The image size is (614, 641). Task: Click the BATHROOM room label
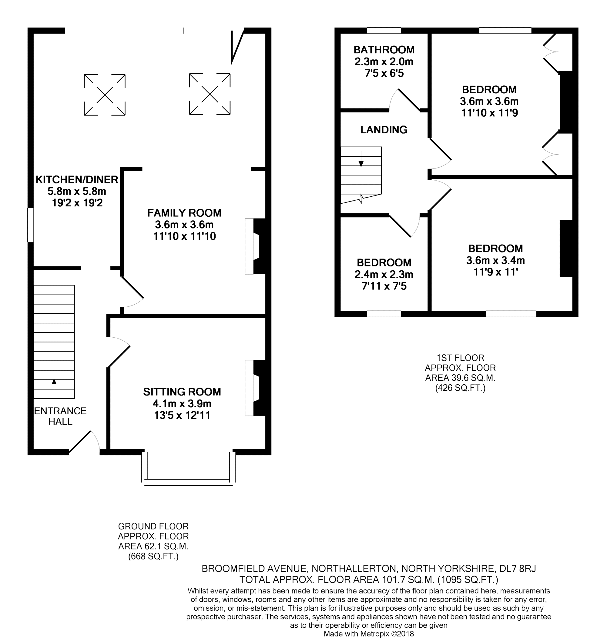coord(384,50)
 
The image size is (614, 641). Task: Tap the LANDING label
coord(384,130)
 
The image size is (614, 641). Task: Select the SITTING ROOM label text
coord(182,392)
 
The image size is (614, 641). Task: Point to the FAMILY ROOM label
coord(184,213)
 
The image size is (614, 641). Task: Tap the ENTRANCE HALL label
coord(60,416)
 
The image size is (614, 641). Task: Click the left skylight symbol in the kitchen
coord(105,95)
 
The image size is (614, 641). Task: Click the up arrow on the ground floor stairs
coord(54,386)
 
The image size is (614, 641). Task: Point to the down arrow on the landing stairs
coord(361,159)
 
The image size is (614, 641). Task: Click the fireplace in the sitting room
coord(257,388)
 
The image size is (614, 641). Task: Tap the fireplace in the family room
coord(257,246)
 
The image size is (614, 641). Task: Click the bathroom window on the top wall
coord(384,31)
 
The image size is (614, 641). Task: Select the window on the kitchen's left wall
coord(30,225)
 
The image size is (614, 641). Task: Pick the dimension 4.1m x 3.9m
coord(182,404)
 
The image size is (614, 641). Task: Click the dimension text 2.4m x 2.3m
coord(384,274)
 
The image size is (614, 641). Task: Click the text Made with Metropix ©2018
coord(369,634)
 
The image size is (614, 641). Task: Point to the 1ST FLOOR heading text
coord(460,358)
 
